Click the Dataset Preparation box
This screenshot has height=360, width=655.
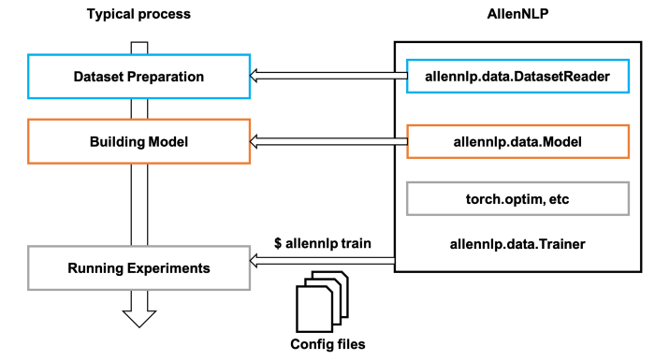coord(138,77)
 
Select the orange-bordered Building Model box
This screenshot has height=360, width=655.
coord(138,142)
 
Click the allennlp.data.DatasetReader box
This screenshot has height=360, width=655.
coord(517,77)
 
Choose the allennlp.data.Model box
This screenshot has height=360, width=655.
coord(517,142)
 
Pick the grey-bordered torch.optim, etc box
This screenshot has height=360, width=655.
coord(517,198)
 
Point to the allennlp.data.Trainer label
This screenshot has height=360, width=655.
coord(517,245)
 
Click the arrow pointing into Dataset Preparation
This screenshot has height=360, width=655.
coord(323,77)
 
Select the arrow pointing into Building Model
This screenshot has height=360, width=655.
coord(323,142)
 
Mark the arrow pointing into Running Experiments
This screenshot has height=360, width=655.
coord(323,263)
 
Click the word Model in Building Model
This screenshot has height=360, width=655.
coord(168,142)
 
